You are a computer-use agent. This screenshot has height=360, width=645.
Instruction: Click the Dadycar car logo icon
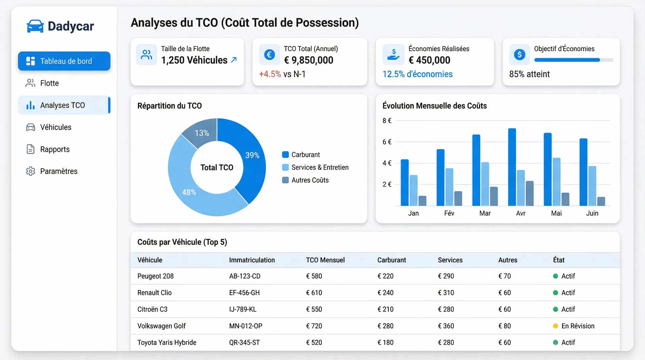(35, 26)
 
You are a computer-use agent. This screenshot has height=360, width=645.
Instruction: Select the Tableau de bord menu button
(64, 61)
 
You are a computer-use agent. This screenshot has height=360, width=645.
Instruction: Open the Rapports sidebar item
(55, 149)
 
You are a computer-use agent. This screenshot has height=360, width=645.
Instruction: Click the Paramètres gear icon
(31, 171)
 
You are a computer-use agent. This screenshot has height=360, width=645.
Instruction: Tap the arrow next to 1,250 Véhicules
(234, 60)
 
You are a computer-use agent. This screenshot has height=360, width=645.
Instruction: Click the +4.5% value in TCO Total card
(270, 74)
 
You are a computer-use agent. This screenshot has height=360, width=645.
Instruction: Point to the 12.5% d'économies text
(417, 74)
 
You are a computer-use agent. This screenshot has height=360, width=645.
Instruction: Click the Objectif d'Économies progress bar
(573, 60)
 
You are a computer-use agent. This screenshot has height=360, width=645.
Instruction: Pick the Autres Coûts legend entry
(309, 180)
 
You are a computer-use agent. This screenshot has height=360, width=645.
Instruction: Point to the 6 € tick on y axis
(387, 142)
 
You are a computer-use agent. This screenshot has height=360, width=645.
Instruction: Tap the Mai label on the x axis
(556, 213)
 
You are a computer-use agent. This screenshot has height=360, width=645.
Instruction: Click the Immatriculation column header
(252, 260)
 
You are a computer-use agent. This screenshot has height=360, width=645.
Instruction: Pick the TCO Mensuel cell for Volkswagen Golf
(314, 326)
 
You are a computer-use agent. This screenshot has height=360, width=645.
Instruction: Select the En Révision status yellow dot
(555, 326)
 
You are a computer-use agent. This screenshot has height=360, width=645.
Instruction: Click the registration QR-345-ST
(244, 343)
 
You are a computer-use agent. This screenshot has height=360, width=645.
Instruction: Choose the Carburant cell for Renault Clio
(385, 293)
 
